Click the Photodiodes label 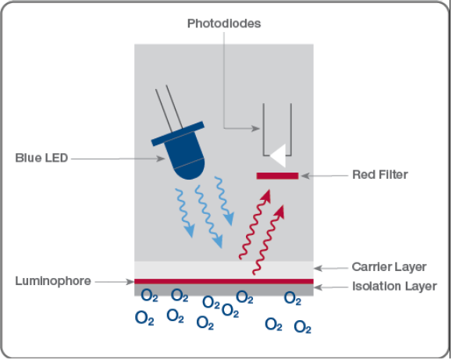click(x=224, y=23)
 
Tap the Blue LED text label click(x=41, y=158)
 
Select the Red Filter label click(x=380, y=174)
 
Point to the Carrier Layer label click(x=389, y=267)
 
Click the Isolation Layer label click(x=394, y=286)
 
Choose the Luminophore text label click(x=53, y=281)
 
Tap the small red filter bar click(x=277, y=176)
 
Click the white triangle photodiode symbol click(x=278, y=155)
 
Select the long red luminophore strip click(x=224, y=281)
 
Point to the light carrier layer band click(x=224, y=270)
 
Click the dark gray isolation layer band click(x=224, y=290)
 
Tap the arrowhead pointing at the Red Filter click(x=305, y=176)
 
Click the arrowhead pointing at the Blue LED click(x=161, y=159)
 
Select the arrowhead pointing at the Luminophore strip click(x=130, y=282)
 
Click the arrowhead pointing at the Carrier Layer click(x=319, y=269)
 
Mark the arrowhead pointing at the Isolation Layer click(x=319, y=287)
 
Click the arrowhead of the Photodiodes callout click(x=255, y=128)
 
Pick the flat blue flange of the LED click(x=178, y=134)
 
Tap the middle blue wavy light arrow click(x=208, y=216)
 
